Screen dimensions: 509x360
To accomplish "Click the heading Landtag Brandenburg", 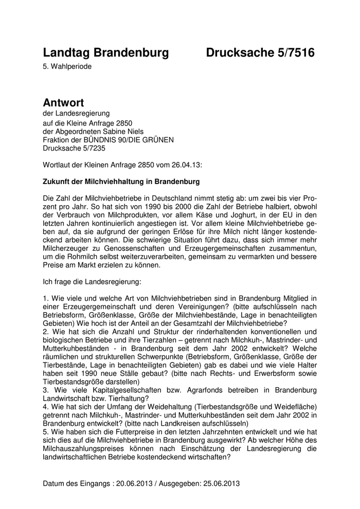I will (x=105, y=53).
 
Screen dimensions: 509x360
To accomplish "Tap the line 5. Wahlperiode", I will (x=68, y=67).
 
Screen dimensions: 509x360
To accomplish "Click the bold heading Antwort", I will (x=63, y=103).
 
